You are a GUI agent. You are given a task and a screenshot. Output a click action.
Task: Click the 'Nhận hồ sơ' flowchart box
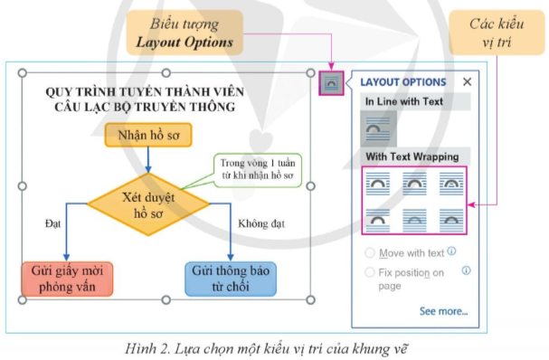146,136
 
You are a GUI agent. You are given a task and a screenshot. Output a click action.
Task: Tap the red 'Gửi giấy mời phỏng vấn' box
69,279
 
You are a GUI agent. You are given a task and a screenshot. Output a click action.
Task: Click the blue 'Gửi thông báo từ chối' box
230,279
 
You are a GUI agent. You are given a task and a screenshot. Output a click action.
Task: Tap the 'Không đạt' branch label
260,222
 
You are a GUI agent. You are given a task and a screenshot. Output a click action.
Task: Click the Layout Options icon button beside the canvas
330,82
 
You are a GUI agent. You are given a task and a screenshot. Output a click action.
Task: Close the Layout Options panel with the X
467,82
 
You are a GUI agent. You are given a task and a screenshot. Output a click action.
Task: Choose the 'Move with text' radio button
369,253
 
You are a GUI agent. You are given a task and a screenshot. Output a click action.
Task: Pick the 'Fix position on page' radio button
369,271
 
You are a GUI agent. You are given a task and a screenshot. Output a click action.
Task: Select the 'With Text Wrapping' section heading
407,156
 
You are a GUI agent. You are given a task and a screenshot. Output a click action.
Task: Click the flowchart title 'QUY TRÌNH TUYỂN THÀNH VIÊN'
141,92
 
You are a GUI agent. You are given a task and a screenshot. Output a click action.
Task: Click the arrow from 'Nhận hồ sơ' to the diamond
147,159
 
